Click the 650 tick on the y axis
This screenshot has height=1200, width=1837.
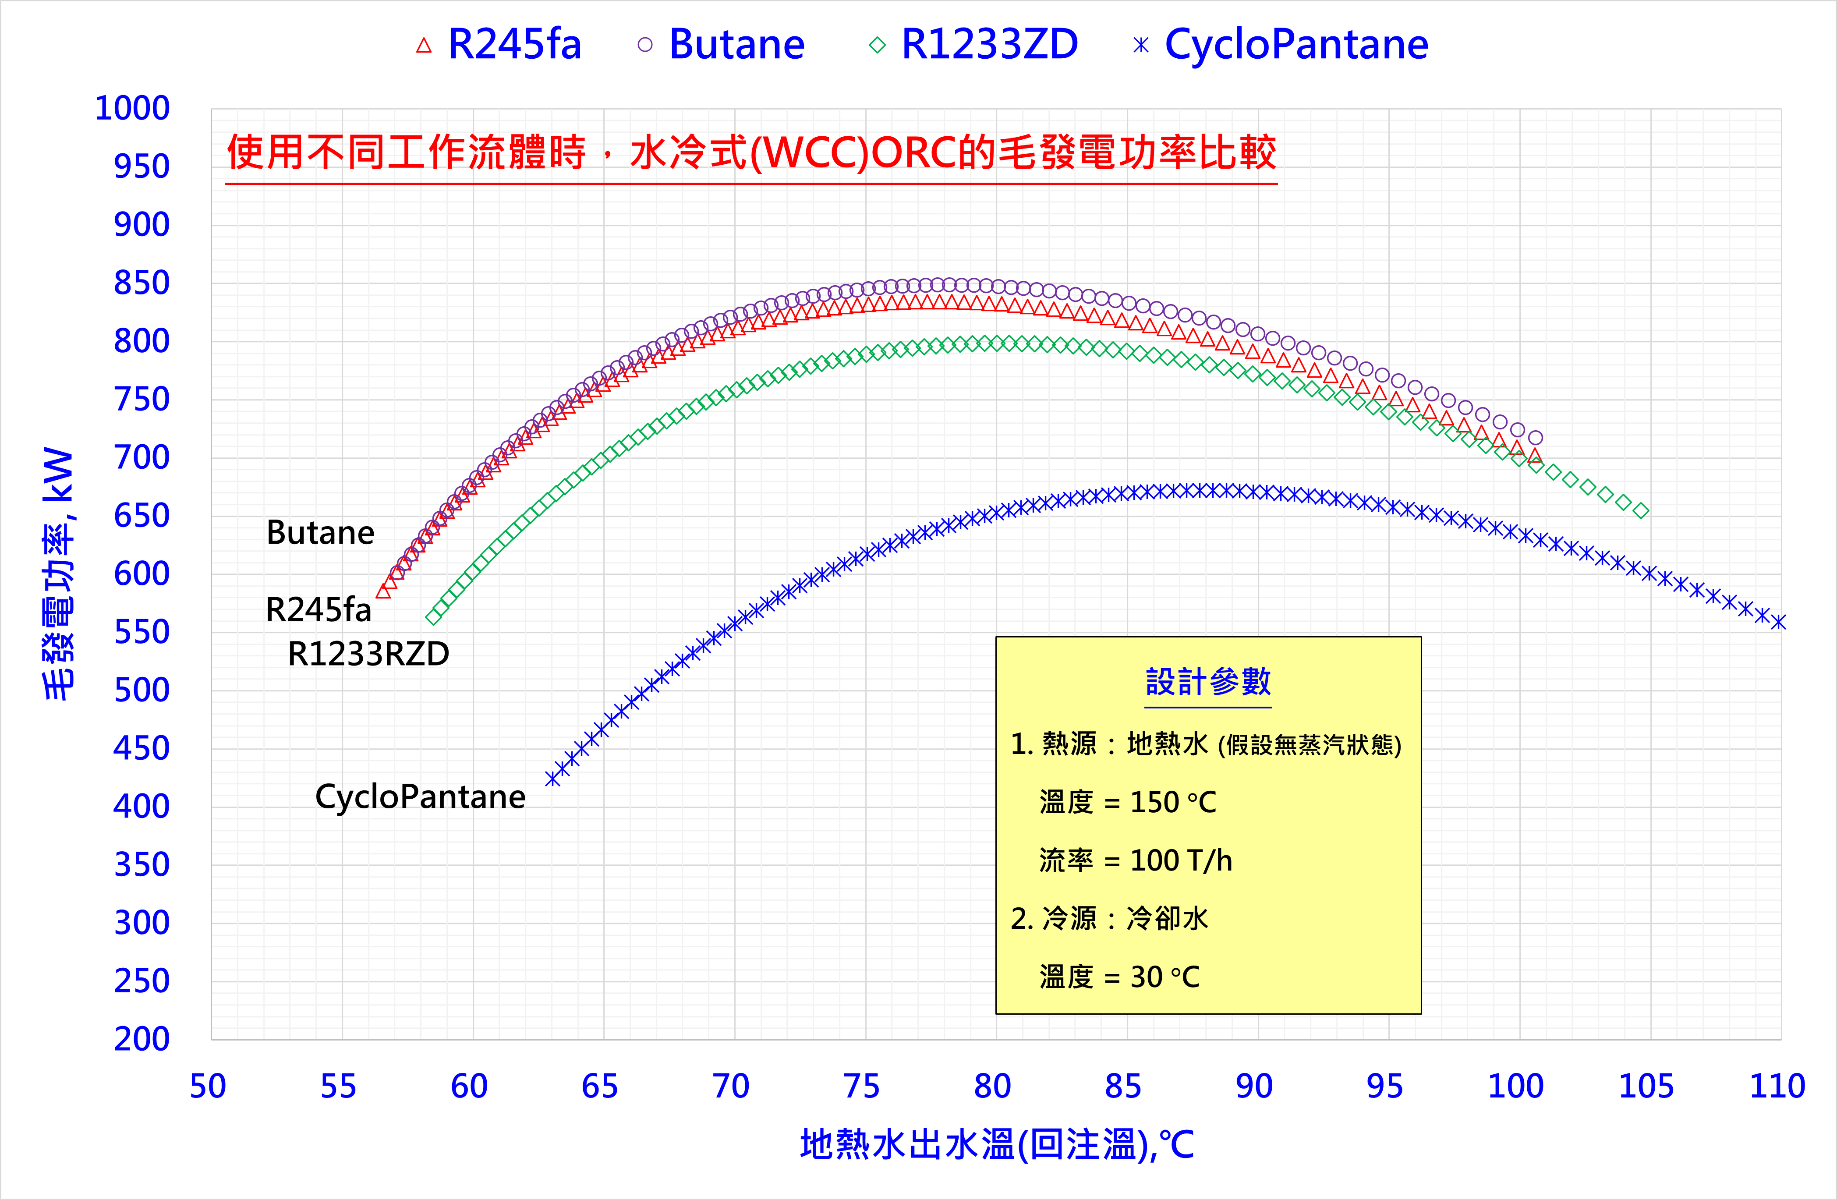click(x=141, y=516)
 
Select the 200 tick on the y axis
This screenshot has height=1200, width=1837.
click(x=141, y=1039)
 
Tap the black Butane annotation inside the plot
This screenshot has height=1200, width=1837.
click(x=320, y=532)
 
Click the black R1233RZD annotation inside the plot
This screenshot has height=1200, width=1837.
click(x=368, y=654)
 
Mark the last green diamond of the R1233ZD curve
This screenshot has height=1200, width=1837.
click(x=1641, y=511)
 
